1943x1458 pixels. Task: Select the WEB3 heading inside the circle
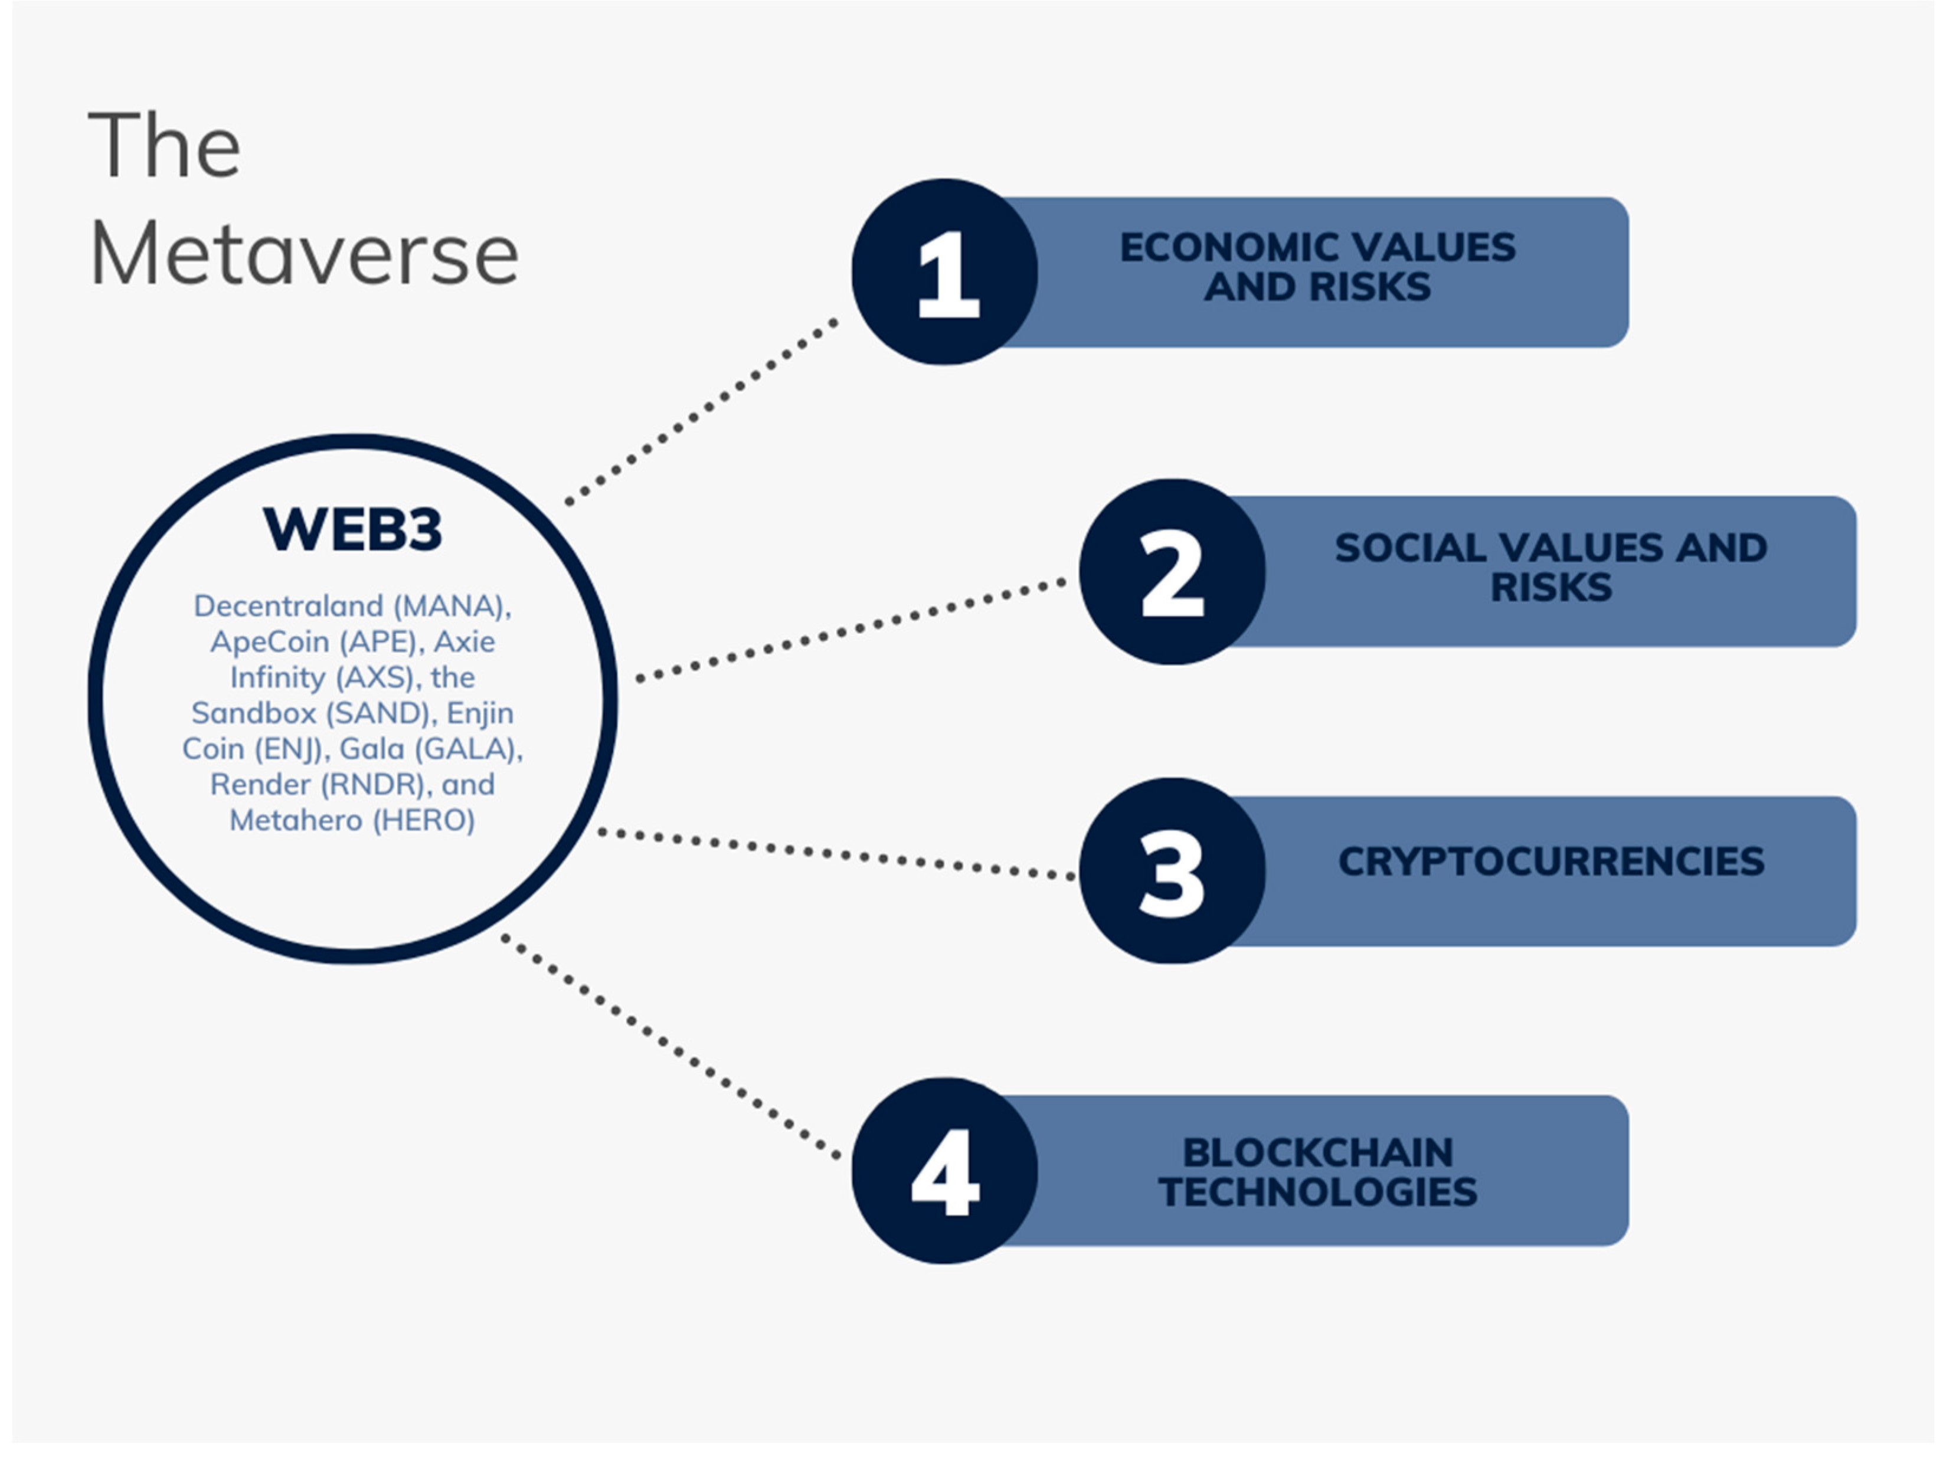(x=352, y=530)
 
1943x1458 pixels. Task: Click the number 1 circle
(x=944, y=272)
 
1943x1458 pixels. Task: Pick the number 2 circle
(x=1172, y=572)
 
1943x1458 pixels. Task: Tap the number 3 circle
(x=1172, y=871)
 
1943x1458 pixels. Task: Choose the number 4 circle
(x=944, y=1171)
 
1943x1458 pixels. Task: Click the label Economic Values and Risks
(x=1317, y=267)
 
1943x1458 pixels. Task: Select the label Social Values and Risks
(x=1551, y=568)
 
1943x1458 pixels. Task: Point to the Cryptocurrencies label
(x=1551, y=861)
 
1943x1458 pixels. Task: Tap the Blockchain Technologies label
(x=1317, y=1172)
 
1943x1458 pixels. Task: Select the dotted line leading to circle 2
(x=851, y=630)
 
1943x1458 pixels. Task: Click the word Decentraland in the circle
(x=288, y=606)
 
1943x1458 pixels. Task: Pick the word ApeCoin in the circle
(x=270, y=642)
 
